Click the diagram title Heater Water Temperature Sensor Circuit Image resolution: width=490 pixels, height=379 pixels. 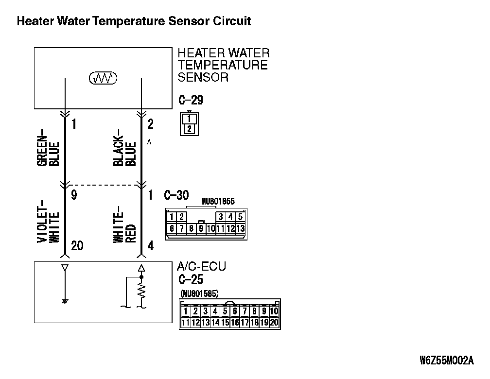click(134, 21)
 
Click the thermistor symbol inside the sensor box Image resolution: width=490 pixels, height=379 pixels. click(103, 78)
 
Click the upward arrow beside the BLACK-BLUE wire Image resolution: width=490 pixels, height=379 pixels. click(150, 155)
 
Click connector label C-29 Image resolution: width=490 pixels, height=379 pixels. click(190, 101)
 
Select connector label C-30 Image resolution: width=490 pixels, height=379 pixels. click(176, 195)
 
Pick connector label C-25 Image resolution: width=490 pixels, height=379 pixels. click(190, 280)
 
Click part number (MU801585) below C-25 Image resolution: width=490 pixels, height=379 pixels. click(199, 294)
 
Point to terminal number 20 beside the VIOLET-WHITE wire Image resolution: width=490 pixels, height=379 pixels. click(77, 246)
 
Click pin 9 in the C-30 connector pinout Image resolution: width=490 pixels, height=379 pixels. click(200, 228)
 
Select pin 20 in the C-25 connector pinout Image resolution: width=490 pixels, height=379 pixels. click(274, 322)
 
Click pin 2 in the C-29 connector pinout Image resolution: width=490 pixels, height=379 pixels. click(189, 129)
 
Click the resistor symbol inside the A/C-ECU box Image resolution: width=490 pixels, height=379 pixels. click(141, 292)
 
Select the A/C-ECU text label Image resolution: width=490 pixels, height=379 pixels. click(201, 267)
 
